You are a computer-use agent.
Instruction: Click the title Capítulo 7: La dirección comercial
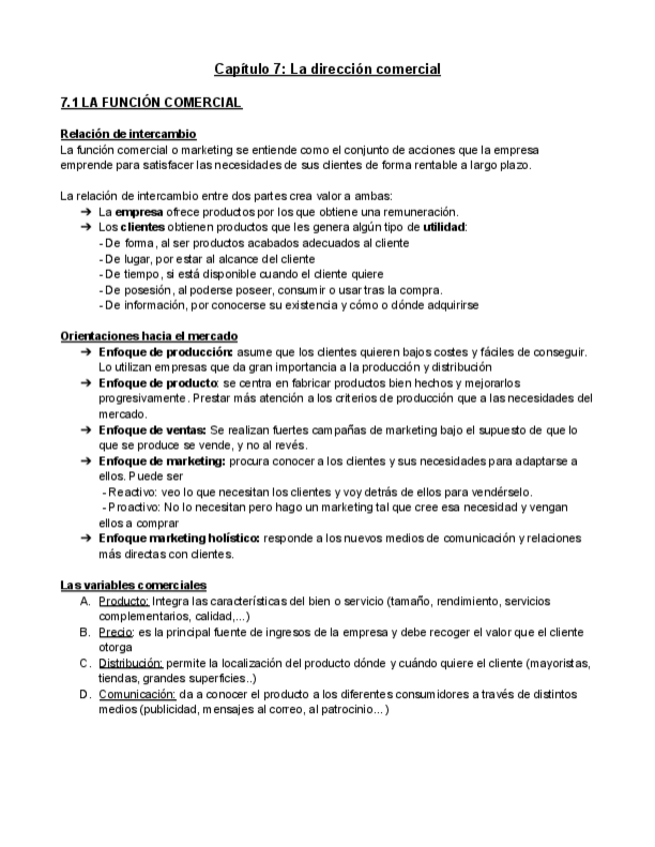click(327, 69)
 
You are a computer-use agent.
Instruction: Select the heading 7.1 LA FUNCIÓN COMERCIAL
click(150, 103)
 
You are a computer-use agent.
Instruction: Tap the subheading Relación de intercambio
click(128, 134)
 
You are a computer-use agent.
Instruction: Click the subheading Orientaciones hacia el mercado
click(149, 337)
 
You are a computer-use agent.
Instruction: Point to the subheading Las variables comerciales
click(133, 584)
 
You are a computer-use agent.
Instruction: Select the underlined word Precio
click(116, 631)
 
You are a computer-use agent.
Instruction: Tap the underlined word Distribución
click(131, 662)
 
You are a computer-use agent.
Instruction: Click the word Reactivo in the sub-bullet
click(132, 491)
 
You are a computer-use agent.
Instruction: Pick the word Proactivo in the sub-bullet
click(134, 507)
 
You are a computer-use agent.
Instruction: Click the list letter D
click(85, 693)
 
